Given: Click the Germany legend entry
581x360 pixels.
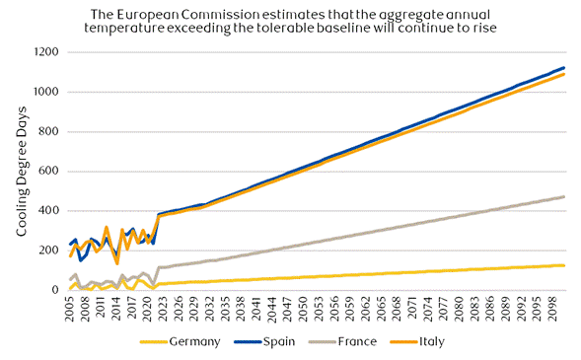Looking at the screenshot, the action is [181, 341].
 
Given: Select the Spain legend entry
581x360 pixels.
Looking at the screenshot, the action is [264, 341].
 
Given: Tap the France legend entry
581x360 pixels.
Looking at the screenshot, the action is [342, 341].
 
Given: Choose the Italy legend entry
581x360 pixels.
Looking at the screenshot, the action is [417, 341].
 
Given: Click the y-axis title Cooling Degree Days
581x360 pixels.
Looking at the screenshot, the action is [22, 172].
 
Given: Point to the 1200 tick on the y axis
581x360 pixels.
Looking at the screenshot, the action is [46, 52].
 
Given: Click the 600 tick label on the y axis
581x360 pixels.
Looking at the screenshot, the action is [48, 171].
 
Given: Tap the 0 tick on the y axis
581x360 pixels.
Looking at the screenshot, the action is [55, 290].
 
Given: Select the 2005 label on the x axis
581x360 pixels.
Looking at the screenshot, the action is [70, 309].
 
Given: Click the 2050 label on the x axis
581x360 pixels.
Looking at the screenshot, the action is [304, 309].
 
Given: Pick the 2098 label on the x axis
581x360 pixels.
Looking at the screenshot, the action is [552, 309].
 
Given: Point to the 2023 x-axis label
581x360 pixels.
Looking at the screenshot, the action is [163, 309].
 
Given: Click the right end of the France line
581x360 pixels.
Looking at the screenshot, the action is [564, 196].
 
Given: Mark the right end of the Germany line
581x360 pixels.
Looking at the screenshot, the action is [564, 265].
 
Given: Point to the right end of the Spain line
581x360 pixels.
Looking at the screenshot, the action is [564, 68].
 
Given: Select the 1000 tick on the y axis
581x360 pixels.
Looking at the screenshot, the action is [46, 92].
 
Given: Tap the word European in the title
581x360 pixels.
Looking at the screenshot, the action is [148, 16].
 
